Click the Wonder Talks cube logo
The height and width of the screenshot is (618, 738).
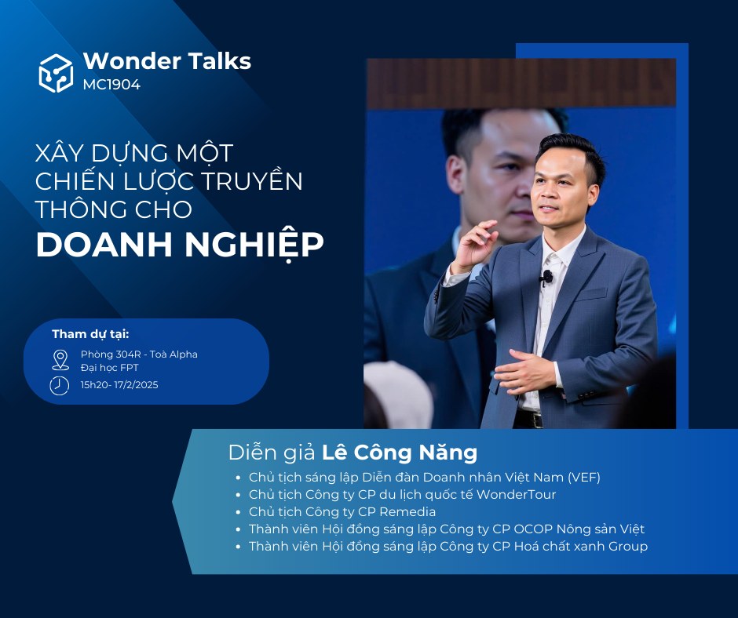pos(56,73)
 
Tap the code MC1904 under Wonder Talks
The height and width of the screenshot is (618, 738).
pos(111,85)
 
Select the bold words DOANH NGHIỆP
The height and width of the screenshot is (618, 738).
pos(180,245)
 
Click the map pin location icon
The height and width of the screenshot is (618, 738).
pos(60,360)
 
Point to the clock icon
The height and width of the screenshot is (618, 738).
pos(60,385)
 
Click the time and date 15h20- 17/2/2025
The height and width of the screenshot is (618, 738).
pos(119,385)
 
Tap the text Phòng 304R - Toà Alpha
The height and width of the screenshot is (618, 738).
pos(139,354)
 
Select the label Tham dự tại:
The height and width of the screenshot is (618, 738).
pos(90,334)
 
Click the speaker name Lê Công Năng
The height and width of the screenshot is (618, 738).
pos(400,453)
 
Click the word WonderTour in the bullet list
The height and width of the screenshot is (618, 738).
pos(516,494)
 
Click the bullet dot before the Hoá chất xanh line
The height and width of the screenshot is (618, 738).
pos(239,547)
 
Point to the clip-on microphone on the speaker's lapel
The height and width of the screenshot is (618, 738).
pos(546,278)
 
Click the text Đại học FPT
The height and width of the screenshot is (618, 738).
pos(109,368)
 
